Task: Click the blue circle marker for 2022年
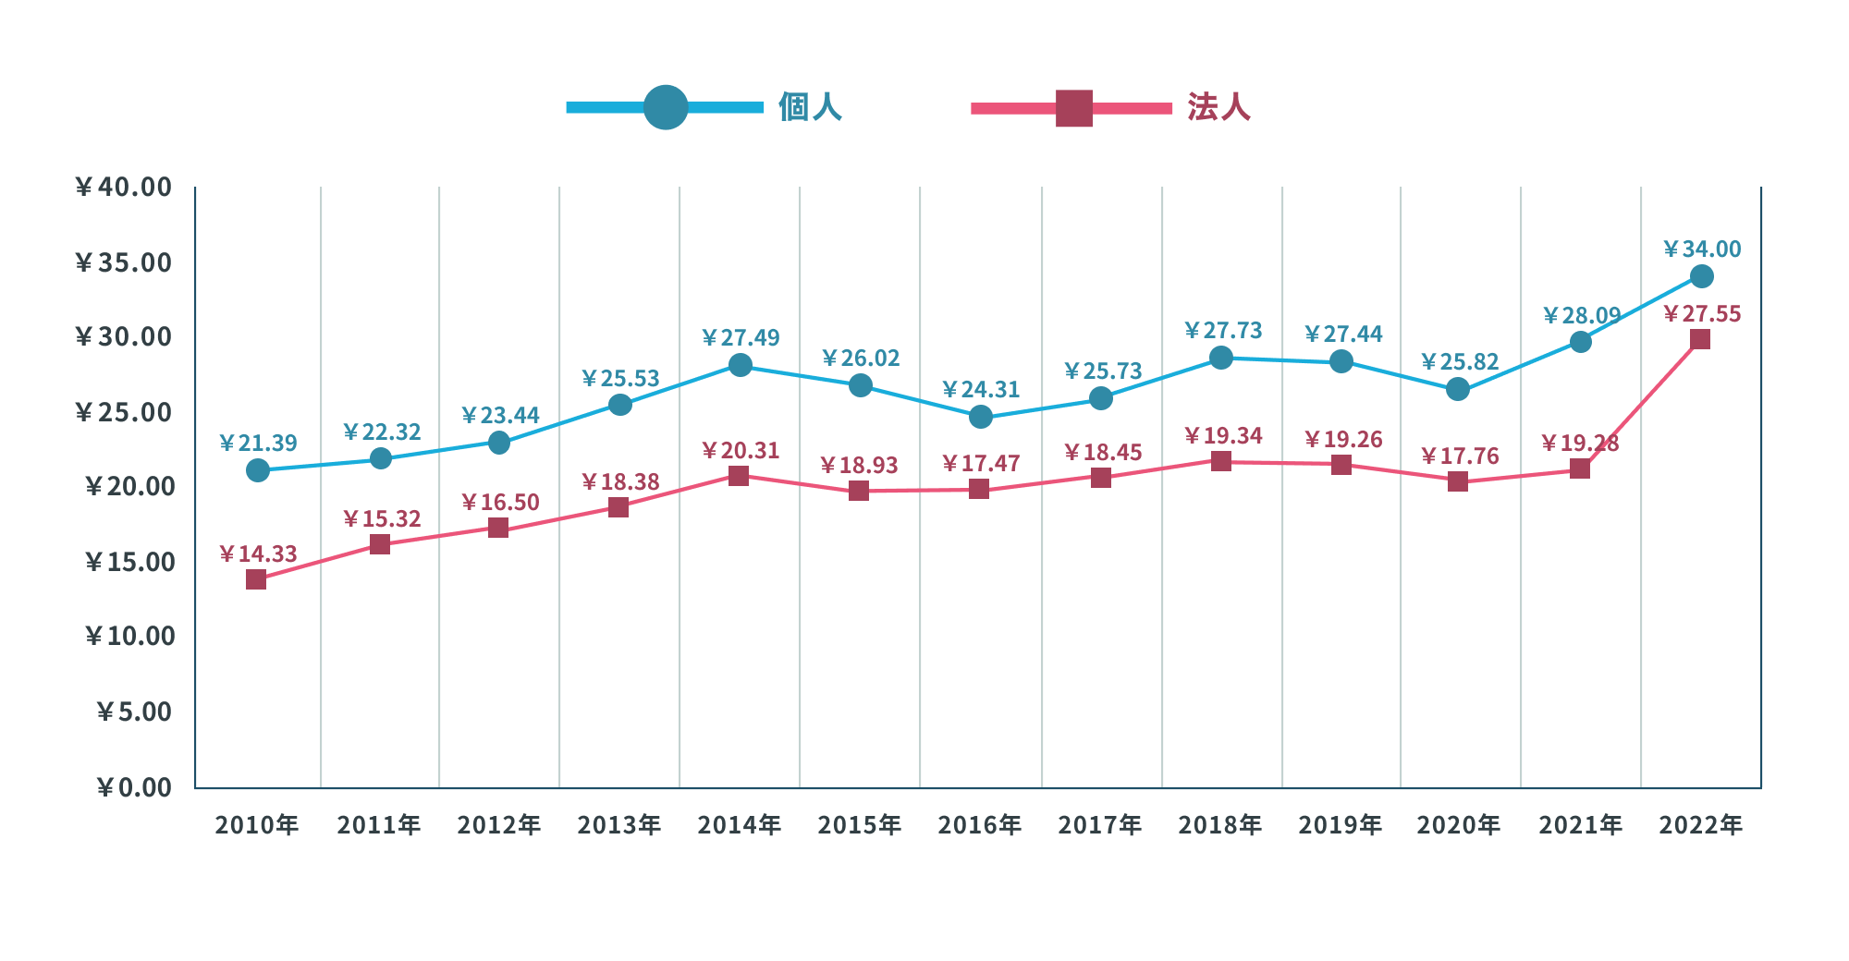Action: coord(1701,276)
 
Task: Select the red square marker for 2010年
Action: coord(256,579)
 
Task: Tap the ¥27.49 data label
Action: coord(741,338)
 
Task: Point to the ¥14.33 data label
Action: coord(258,554)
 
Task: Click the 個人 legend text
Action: coord(810,107)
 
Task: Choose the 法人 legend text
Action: coord(1218,107)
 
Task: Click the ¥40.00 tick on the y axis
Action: coord(123,188)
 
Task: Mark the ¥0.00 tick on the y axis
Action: coord(134,787)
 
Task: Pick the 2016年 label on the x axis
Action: coord(979,825)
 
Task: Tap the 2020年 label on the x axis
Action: coord(1458,825)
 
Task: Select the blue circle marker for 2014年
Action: coord(740,365)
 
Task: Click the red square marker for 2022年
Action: coord(1699,339)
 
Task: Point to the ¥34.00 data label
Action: coord(1702,249)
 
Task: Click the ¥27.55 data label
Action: coord(1702,314)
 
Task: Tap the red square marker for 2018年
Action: coord(1220,461)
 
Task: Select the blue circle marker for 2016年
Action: coord(981,417)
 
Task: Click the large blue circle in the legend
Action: coord(666,107)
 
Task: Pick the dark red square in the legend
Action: coord(1074,108)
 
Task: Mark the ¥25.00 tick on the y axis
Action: coord(123,412)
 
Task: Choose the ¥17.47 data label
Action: coord(981,464)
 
